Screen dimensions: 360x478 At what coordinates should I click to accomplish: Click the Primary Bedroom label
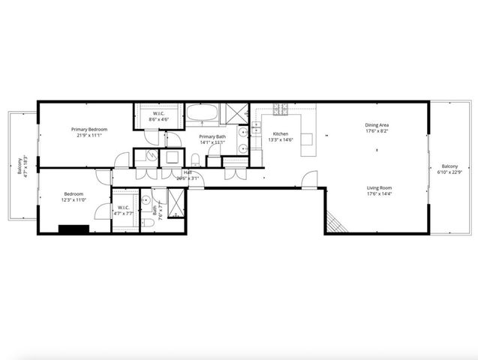click(89, 129)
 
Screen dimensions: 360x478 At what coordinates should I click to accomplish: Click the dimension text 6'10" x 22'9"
click(449, 172)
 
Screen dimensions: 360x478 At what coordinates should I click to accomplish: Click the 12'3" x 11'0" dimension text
click(74, 199)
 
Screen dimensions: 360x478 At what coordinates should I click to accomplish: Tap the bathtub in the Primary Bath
click(202, 115)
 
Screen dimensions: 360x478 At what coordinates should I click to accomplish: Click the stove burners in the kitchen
click(281, 109)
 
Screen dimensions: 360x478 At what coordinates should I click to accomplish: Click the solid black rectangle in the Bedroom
click(74, 230)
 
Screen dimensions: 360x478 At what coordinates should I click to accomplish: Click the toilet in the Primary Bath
click(195, 158)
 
